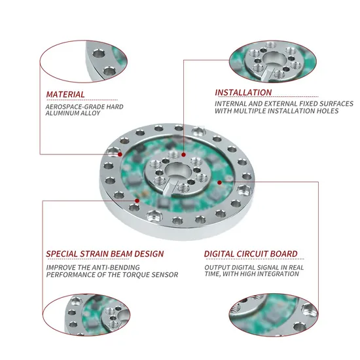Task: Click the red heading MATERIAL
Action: [65, 95]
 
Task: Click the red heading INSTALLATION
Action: [243, 92]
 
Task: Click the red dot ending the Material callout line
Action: [120, 154]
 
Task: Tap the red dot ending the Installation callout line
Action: [183, 154]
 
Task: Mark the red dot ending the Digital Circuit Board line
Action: [219, 183]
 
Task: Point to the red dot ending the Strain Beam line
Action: [137, 201]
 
